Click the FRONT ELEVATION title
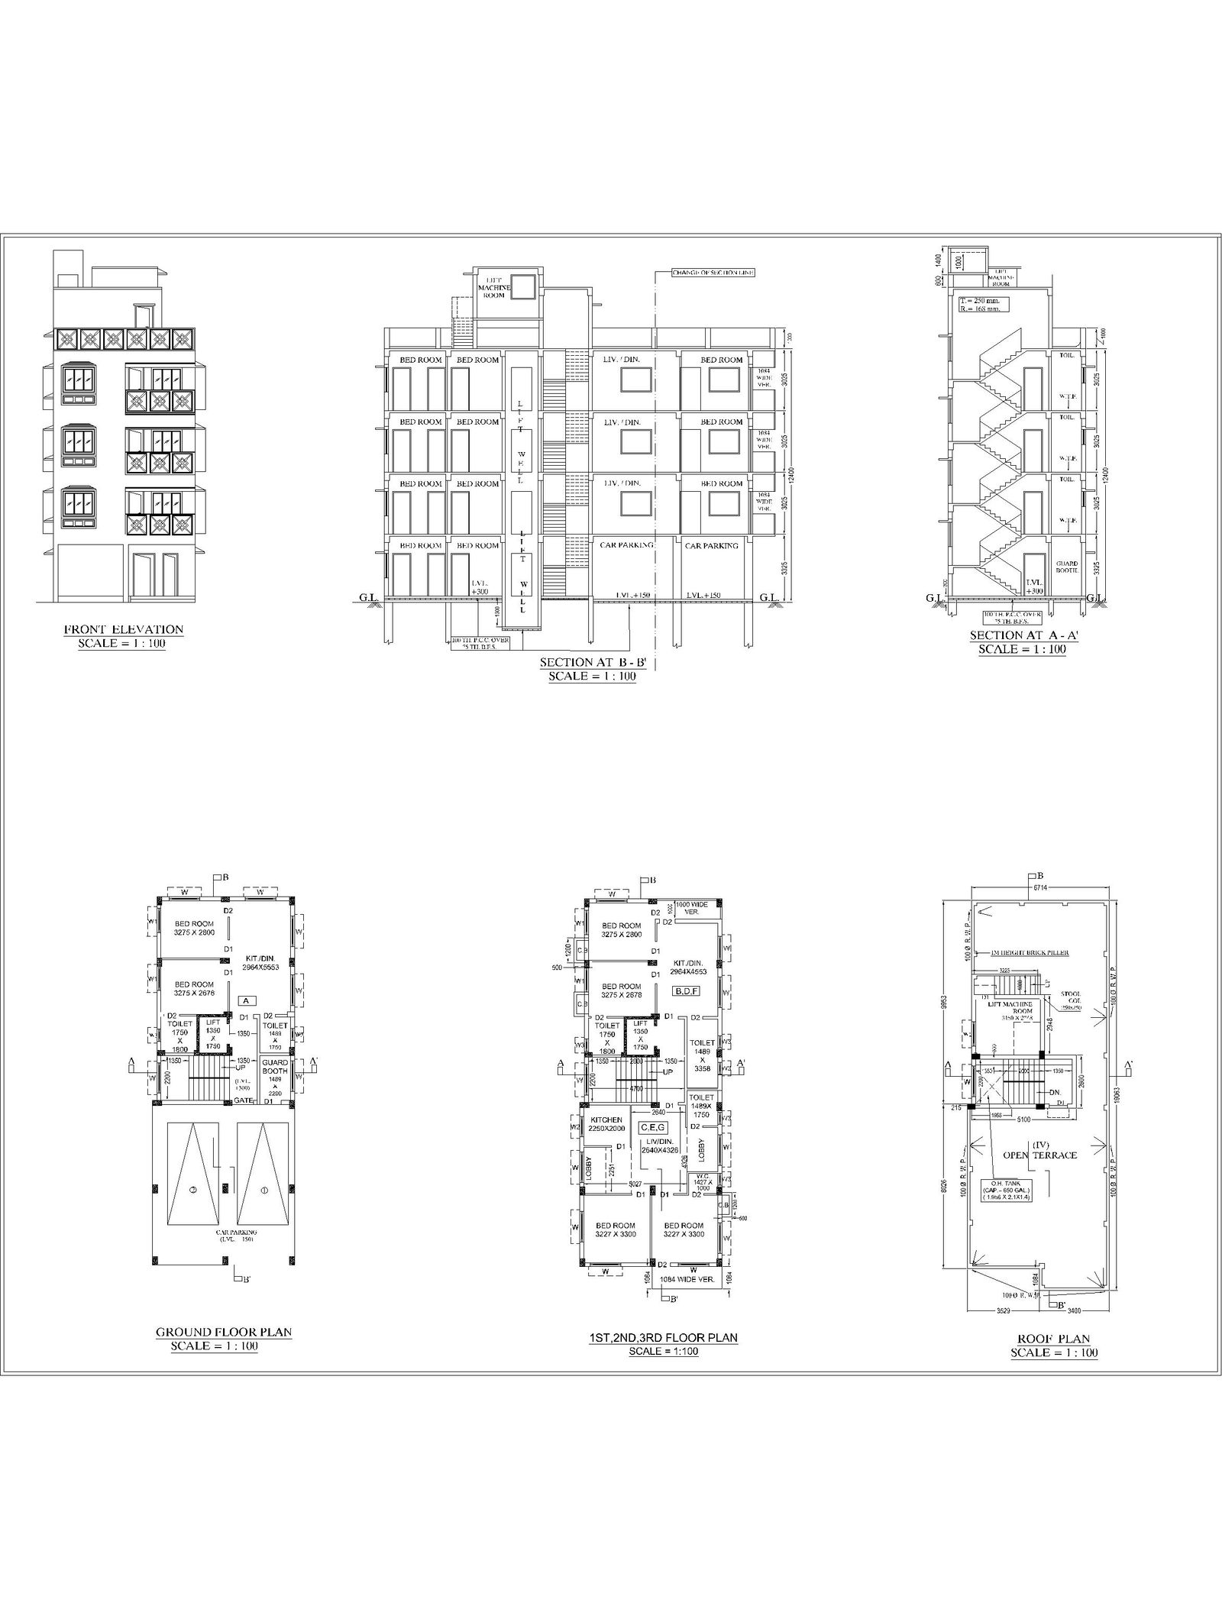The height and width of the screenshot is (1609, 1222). [x=123, y=629]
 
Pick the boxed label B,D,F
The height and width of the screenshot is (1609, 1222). [x=681, y=991]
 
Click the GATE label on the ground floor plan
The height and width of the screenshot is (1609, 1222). [x=244, y=1100]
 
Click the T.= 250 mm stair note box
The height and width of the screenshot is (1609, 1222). [x=980, y=305]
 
